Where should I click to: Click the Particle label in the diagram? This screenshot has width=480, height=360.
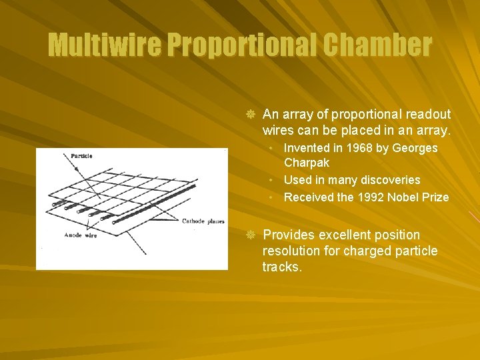pyautogui.click(x=79, y=156)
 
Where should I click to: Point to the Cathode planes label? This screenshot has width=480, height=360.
pyautogui.click(x=203, y=221)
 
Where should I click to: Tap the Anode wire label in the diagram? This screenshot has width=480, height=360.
pyautogui.click(x=81, y=235)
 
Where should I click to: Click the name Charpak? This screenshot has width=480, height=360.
pyautogui.click(x=307, y=163)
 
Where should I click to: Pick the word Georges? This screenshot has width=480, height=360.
pyautogui.click(x=415, y=147)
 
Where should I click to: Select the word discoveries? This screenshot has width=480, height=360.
pyautogui.click(x=390, y=180)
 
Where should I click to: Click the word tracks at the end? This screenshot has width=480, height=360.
pyautogui.click(x=282, y=267)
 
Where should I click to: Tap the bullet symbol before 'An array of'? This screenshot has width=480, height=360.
pyautogui.click(x=250, y=114)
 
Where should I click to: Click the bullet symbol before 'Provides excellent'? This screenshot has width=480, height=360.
pyautogui.click(x=250, y=235)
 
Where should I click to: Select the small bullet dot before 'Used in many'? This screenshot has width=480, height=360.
pyautogui.click(x=271, y=181)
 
